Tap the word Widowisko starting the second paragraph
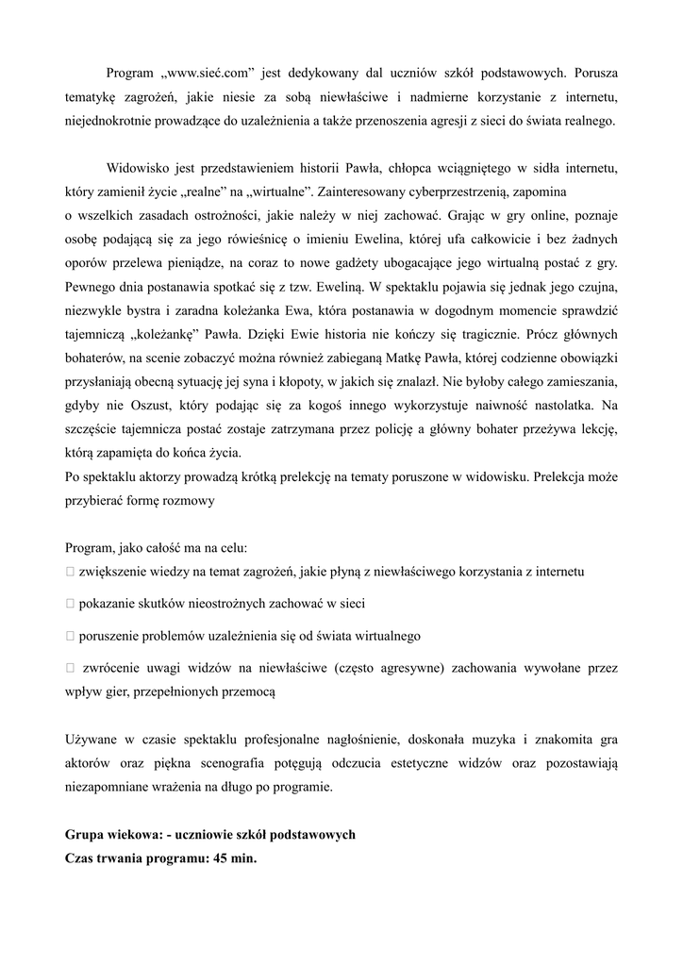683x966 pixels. tap(138, 169)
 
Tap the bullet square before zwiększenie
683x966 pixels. tap(70, 573)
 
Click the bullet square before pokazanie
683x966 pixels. tap(70, 603)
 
